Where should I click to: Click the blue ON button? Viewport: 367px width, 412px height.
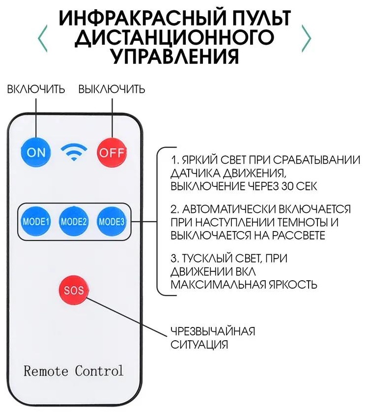click(35, 152)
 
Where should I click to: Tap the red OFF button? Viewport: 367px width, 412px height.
click(112, 152)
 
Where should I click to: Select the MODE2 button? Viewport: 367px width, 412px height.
click(74, 222)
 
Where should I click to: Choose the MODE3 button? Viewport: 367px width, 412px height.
click(112, 222)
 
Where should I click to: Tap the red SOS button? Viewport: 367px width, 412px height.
click(74, 291)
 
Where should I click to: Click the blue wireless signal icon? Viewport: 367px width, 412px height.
click(74, 152)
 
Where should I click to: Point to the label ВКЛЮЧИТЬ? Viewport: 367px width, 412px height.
click(36, 89)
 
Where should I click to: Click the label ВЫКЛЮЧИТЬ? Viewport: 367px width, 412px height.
click(112, 89)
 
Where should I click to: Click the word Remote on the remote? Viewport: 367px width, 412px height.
click(46, 371)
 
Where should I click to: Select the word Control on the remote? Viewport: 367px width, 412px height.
click(99, 371)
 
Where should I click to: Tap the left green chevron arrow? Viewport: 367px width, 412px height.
click(43, 38)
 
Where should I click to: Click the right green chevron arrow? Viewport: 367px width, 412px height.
click(307, 38)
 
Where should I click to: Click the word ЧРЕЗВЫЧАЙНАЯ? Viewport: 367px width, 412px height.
click(213, 331)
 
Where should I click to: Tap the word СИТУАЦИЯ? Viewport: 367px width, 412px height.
click(199, 345)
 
